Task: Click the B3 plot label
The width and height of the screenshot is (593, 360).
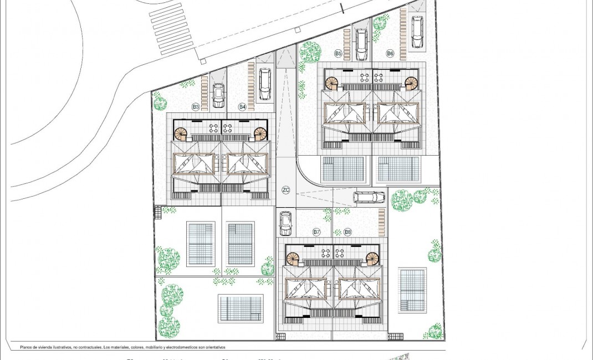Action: pyautogui.click(x=196, y=106)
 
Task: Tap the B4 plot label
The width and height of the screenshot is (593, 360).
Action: pyautogui.click(x=242, y=106)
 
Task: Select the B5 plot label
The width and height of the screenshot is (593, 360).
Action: pyautogui.click(x=338, y=53)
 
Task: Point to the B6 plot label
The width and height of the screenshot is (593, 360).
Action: pyautogui.click(x=390, y=53)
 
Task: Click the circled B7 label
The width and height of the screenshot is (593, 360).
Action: pyautogui.click(x=316, y=232)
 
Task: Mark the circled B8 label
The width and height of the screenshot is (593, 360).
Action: pyautogui.click(x=347, y=232)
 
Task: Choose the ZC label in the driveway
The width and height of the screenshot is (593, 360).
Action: pyautogui.click(x=286, y=190)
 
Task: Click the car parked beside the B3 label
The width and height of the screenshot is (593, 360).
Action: pyautogui.click(x=218, y=95)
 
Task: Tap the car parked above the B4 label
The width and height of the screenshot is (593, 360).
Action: pyautogui.click(x=265, y=84)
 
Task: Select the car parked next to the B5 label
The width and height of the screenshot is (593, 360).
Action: pyautogui.click(x=361, y=44)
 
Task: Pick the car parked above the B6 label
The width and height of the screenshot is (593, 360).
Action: pyautogui.click(x=417, y=32)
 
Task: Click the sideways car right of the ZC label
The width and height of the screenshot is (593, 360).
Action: pyautogui.click(x=369, y=197)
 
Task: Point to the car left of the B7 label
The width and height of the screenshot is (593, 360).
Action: pyautogui.click(x=285, y=223)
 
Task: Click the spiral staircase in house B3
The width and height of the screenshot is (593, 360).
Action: pyautogui.click(x=181, y=133)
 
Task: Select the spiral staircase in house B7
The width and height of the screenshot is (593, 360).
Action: pyautogui.click(x=293, y=258)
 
